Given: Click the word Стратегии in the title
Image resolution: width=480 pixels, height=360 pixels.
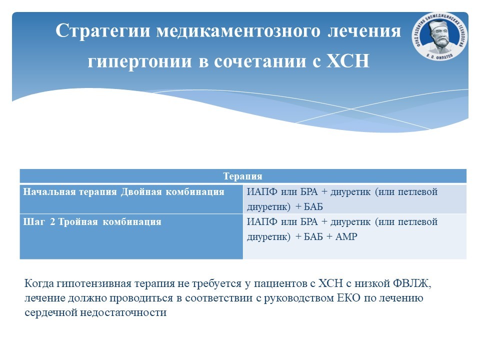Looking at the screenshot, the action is point(103,31).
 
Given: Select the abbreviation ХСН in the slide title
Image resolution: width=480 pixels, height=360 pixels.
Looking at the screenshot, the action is point(348,60).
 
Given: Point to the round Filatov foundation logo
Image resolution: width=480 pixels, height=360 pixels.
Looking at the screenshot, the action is point(439,36).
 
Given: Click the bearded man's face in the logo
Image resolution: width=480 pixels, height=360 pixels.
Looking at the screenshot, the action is point(439,36).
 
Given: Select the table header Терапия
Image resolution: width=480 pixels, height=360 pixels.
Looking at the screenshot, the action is point(243,176).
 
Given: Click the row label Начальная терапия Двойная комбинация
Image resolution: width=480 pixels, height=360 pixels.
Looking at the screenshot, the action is point(123,192).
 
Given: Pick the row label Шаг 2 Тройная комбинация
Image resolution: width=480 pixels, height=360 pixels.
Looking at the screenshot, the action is point(92,221).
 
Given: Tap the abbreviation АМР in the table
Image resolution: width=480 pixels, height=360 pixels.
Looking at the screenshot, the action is point(346,236).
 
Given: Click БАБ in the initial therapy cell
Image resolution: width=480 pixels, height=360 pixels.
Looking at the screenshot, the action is point(313,207).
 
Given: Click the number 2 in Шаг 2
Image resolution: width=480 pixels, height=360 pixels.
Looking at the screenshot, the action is point(52,221).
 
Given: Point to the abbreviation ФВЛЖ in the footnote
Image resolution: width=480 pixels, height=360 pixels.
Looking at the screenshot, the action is point(412,283).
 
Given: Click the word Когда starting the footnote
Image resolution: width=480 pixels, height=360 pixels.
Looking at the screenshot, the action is point(39,283).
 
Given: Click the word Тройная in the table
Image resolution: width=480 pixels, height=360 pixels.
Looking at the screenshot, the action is point(78,221).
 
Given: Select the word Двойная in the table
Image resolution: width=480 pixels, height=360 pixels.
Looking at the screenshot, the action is point(141,192).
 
